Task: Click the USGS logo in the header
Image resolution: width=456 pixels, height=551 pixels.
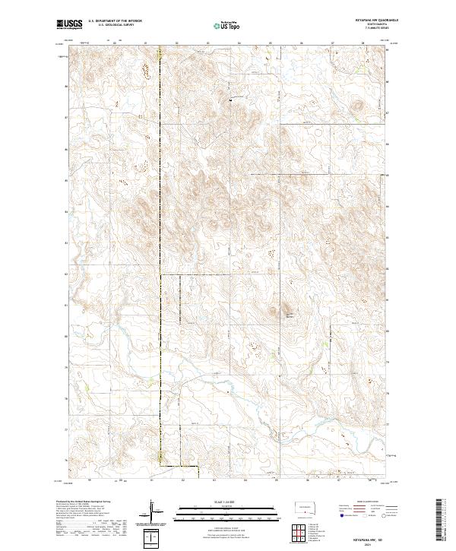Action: coord(70,24)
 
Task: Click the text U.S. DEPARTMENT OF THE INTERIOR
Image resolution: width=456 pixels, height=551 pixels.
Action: coord(115,21)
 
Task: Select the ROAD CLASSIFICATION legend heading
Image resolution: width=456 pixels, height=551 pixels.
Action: coord(363,502)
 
